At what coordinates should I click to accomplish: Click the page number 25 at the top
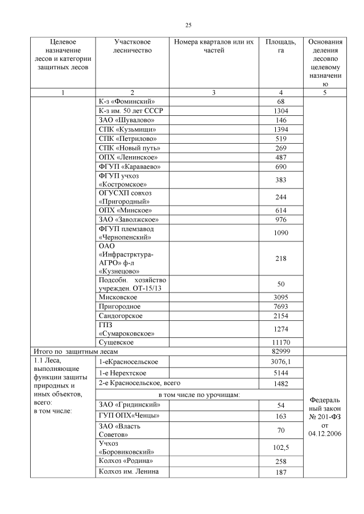click(x=188, y=25)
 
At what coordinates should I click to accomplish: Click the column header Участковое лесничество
click(x=132, y=46)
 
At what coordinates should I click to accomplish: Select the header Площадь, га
click(x=280, y=46)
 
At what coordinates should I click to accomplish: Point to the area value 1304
click(x=281, y=111)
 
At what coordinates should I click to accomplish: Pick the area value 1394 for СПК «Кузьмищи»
click(x=281, y=129)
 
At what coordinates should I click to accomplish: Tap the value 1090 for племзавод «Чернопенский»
click(x=281, y=233)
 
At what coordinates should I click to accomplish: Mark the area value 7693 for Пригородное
click(x=281, y=306)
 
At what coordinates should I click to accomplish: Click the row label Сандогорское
click(x=121, y=315)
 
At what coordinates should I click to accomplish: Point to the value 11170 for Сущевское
click(x=281, y=342)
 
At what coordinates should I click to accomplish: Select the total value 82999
click(x=281, y=352)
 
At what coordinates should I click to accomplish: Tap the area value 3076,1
click(x=281, y=362)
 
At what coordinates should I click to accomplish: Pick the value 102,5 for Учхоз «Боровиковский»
click(x=281, y=448)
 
